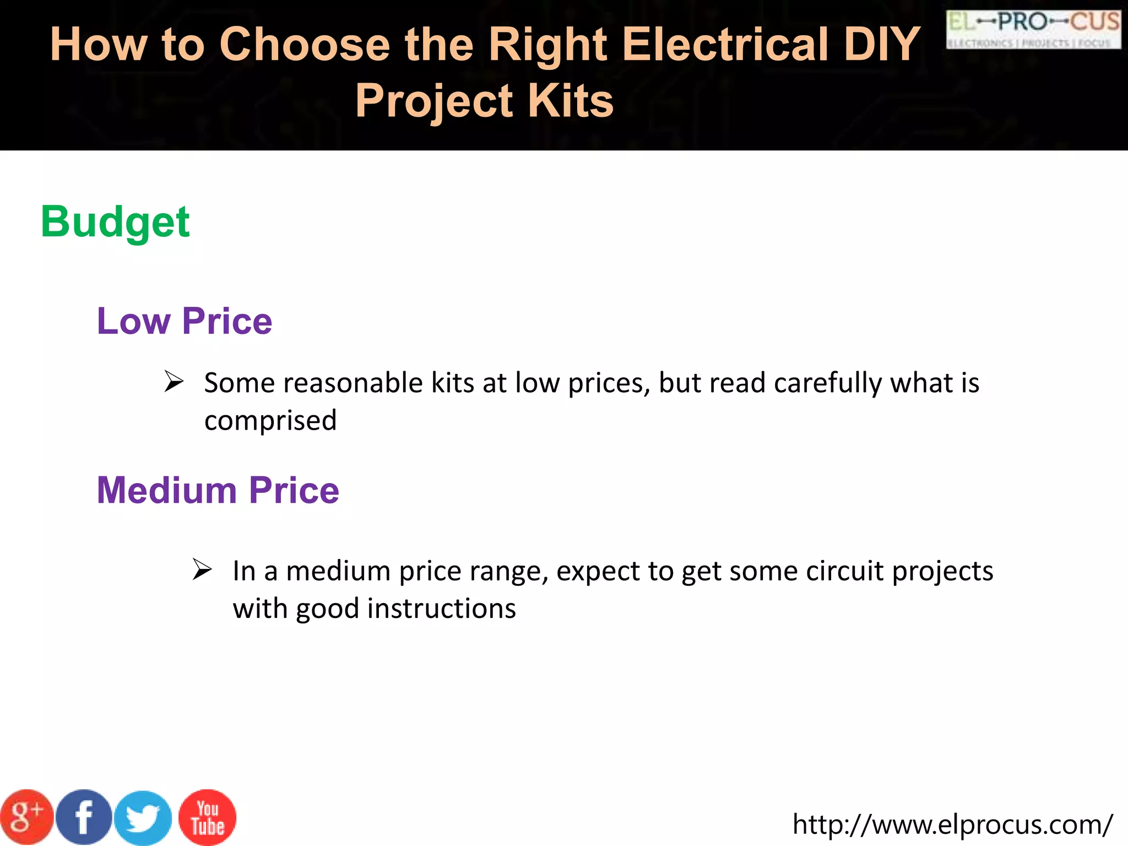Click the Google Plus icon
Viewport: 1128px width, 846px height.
[26, 817]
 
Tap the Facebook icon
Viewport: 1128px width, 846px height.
[84, 817]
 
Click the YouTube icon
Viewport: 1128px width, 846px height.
[208, 817]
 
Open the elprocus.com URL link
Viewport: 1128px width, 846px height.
[952, 825]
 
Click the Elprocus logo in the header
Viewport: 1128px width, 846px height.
[1033, 30]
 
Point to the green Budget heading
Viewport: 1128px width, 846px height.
[115, 222]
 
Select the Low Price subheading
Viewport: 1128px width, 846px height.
[185, 321]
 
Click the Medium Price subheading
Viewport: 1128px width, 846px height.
[218, 490]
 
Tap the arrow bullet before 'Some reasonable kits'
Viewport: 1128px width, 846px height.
[174, 382]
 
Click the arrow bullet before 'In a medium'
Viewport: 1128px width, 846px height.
[202, 570]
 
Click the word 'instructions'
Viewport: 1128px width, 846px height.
[441, 609]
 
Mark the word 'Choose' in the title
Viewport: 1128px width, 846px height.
[305, 44]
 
